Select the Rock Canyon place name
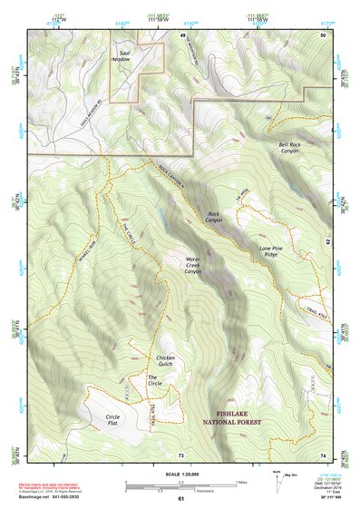[213, 217]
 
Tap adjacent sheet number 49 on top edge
[181, 34]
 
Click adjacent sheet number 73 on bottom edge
[180, 454]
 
